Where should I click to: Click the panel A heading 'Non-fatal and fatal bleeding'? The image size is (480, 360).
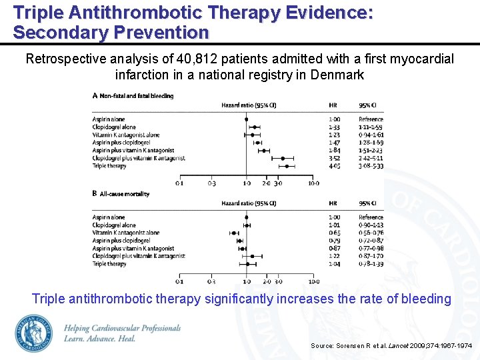click(136, 96)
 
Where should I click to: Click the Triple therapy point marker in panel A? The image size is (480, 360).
click(286, 166)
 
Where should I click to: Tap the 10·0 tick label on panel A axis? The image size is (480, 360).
click(313, 183)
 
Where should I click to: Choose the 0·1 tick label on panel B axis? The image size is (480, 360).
click(180, 281)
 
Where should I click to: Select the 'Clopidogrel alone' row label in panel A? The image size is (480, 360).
click(114, 127)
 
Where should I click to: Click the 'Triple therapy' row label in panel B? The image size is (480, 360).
click(109, 264)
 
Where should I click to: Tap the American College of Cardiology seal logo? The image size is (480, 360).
click(33, 333)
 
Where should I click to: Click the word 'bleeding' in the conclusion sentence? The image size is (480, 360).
click(425, 299)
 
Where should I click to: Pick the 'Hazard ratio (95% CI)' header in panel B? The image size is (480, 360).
click(249, 203)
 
